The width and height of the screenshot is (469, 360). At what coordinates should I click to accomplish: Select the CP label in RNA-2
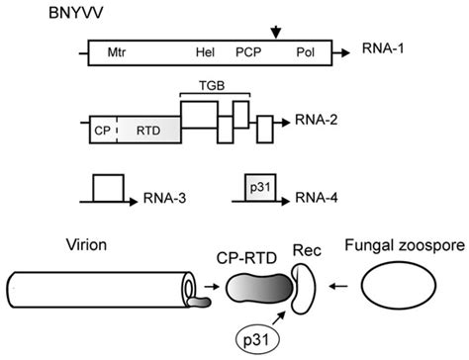[102, 130]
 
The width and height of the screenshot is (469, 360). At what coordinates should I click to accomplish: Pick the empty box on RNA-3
[109, 188]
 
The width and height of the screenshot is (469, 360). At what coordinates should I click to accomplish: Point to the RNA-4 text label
[319, 198]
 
